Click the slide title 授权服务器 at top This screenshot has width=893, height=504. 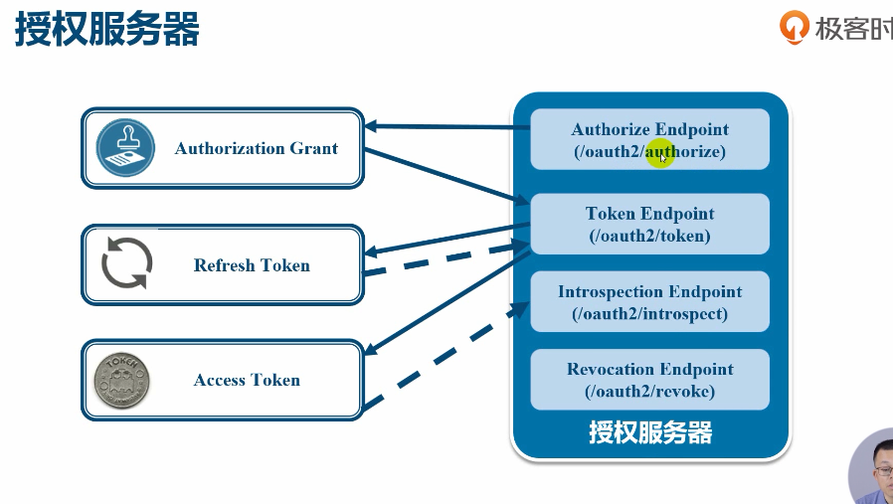107,30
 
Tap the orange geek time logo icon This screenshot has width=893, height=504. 795,27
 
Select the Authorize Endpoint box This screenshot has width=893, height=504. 649,139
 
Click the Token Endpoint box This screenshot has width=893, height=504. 649,224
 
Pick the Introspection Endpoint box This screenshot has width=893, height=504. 649,301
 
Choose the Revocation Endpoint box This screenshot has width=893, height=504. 649,379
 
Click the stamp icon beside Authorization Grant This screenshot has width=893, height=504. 125,148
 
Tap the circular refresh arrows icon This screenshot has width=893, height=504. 127,264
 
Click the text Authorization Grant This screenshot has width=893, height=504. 256,149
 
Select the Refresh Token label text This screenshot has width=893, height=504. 252,265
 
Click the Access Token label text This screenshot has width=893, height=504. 247,380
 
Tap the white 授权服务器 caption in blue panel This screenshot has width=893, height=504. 650,432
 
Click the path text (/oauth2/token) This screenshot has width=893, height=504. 649,236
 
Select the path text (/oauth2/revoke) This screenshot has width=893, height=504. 649,391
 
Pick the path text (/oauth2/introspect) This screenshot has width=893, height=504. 649,313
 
